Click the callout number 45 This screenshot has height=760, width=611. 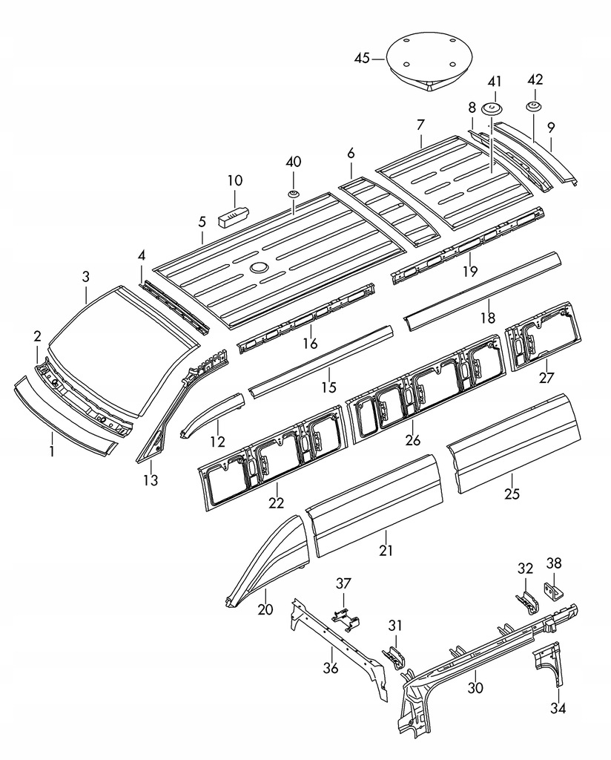tap(362, 59)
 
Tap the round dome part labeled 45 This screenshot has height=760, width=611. tap(429, 61)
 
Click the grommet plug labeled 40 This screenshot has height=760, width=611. tap(294, 194)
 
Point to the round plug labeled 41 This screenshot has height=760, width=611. tap(492, 108)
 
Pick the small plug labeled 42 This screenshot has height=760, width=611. tap(534, 105)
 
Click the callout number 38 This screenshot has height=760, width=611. tap(554, 563)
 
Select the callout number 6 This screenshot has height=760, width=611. tap(351, 153)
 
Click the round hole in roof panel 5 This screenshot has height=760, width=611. tap(259, 267)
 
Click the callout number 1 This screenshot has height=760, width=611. tap(52, 452)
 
